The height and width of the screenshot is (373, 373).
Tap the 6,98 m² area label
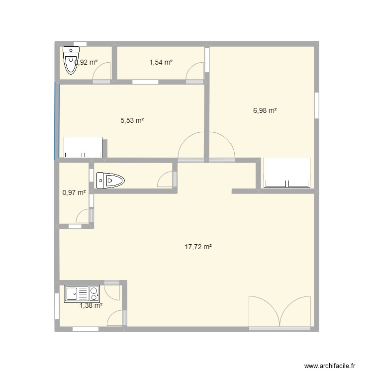click(265, 111)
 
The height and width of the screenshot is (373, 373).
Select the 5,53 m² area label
click(132, 120)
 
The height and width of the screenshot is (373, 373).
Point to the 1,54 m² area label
click(161, 62)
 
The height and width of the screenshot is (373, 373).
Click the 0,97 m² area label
click(74, 192)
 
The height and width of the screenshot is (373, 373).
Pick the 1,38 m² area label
click(91, 306)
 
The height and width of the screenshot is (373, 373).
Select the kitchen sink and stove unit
click(82, 293)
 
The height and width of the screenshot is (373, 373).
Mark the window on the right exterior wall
click(316, 105)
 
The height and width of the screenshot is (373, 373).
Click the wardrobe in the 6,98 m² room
click(287, 173)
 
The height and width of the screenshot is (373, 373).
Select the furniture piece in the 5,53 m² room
click(83, 147)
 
